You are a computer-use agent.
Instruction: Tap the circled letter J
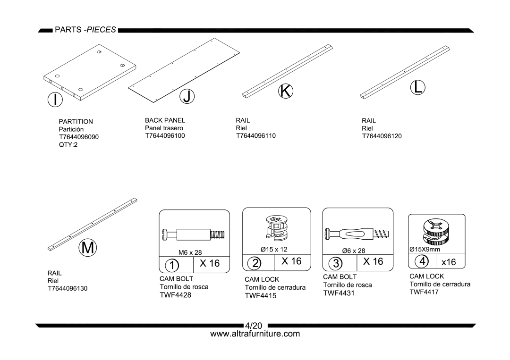click(x=187, y=97)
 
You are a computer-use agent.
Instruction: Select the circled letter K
click(x=285, y=91)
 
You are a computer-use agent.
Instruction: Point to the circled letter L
click(x=417, y=87)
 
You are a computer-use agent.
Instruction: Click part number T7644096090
click(x=79, y=137)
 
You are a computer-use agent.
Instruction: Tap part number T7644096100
click(x=165, y=135)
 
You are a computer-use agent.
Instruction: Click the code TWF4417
click(x=424, y=292)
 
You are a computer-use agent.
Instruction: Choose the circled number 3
click(x=336, y=263)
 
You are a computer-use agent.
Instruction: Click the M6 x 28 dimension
click(x=190, y=252)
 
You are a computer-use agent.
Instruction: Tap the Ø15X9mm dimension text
click(x=425, y=249)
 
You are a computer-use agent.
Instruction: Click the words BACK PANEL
click(x=165, y=120)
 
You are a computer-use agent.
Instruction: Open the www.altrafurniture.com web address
click(x=255, y=334)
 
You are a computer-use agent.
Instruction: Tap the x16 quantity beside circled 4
click(x=449, y=262)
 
